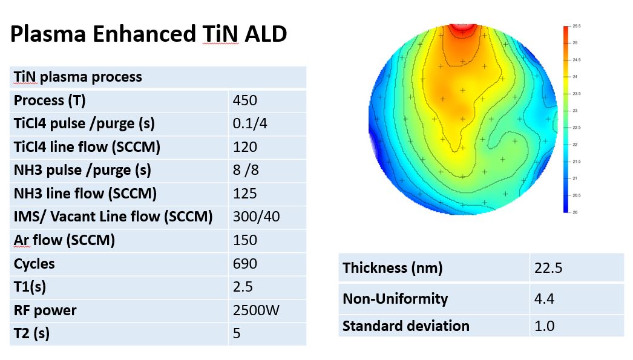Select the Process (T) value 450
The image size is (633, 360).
pos(244,100)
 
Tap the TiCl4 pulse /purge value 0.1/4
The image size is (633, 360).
pos(249,124)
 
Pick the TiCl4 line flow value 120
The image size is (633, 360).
pos(244,147)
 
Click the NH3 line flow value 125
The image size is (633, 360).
pos(244,194)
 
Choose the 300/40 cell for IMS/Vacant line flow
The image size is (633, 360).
pos(256,217)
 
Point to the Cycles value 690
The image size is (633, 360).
pos(244,264)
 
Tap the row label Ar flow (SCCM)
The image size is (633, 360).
pos(64,240)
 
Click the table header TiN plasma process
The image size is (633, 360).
pos(77,77)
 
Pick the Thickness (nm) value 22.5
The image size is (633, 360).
pos(548,268)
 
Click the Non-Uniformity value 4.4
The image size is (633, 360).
pos(544,298)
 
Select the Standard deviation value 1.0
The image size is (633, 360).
pos(544,326)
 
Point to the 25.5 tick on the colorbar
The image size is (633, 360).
pos(576,27)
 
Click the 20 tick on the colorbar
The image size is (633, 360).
pos(574,212)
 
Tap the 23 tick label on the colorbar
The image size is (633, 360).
pos(574,111)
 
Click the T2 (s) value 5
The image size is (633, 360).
pos(237,333)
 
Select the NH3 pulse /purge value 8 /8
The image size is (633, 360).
pos(246,170)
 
